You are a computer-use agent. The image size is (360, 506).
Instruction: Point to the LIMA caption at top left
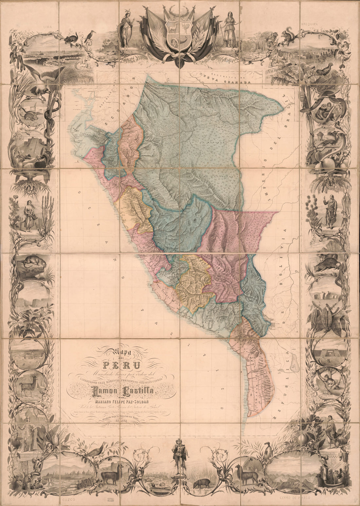[x=49, y=25]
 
